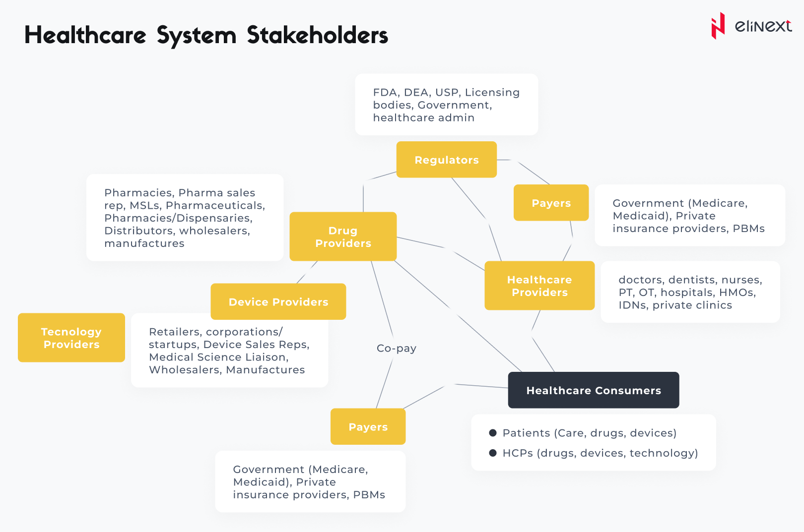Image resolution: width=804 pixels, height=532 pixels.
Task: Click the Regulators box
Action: click(446, 160)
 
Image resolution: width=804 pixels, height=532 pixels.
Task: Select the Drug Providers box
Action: click(343, 236)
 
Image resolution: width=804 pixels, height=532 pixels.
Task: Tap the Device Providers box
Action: click(278, 301)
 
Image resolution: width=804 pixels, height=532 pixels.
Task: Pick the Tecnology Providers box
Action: click(71, 338)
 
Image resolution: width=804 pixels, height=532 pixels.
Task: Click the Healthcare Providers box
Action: click(539, 286)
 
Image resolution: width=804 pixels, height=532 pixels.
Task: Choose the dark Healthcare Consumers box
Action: click(594, 390)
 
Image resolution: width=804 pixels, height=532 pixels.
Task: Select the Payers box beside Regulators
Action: click(551, 203)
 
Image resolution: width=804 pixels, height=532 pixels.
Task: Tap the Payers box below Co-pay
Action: click(368, 426)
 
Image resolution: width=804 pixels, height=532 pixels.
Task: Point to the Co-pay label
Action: click(396, 348)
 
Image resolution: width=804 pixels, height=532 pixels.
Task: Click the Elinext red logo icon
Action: click(718, 26)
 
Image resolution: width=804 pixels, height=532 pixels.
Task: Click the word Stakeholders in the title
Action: click(318, 35)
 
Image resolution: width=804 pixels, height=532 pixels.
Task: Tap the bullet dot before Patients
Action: click(493, 433)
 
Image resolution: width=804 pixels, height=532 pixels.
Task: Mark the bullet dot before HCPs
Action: click(493, 453)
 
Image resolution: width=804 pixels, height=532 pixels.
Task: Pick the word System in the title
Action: click(197, 35)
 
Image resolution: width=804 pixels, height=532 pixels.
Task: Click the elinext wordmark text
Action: click(763, 26)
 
